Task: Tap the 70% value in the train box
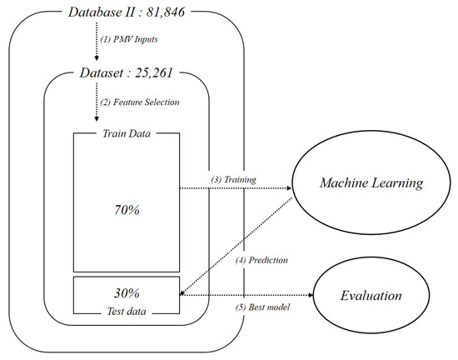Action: pyautogui.click(x=127, y=210)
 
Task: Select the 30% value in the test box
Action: pyautogui.click(x=127, y=293)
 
